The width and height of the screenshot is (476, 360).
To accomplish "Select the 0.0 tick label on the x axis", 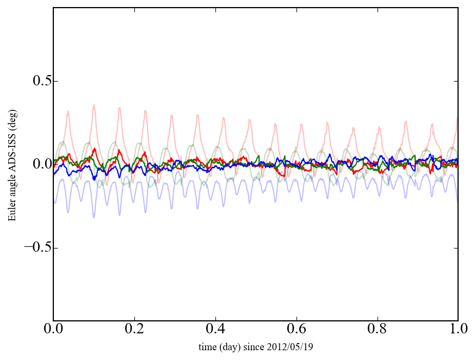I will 53,330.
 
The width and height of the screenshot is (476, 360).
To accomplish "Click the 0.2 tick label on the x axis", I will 134,330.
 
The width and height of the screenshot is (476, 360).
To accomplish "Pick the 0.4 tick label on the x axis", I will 215,330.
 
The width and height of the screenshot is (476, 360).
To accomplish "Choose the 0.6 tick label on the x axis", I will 296,330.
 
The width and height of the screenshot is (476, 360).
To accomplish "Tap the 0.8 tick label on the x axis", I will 377,330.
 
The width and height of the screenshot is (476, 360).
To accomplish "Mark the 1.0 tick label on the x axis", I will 458,330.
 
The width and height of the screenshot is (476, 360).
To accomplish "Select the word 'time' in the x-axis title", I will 207,346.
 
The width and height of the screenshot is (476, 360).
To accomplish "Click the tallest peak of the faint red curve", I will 94,105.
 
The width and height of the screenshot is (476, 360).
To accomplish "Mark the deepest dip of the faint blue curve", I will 94,218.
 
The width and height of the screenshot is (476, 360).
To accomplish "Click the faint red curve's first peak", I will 68,111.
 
